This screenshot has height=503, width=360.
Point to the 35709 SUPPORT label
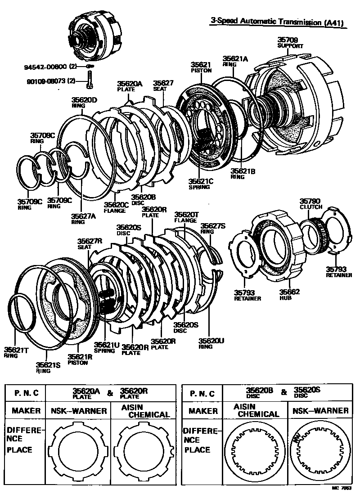290,43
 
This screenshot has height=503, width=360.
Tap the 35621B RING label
243,174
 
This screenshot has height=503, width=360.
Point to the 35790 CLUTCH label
311,204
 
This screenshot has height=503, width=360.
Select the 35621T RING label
16,352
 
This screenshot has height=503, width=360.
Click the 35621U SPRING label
107,348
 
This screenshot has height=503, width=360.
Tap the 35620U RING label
211,343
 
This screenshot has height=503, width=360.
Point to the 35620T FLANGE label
186,217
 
